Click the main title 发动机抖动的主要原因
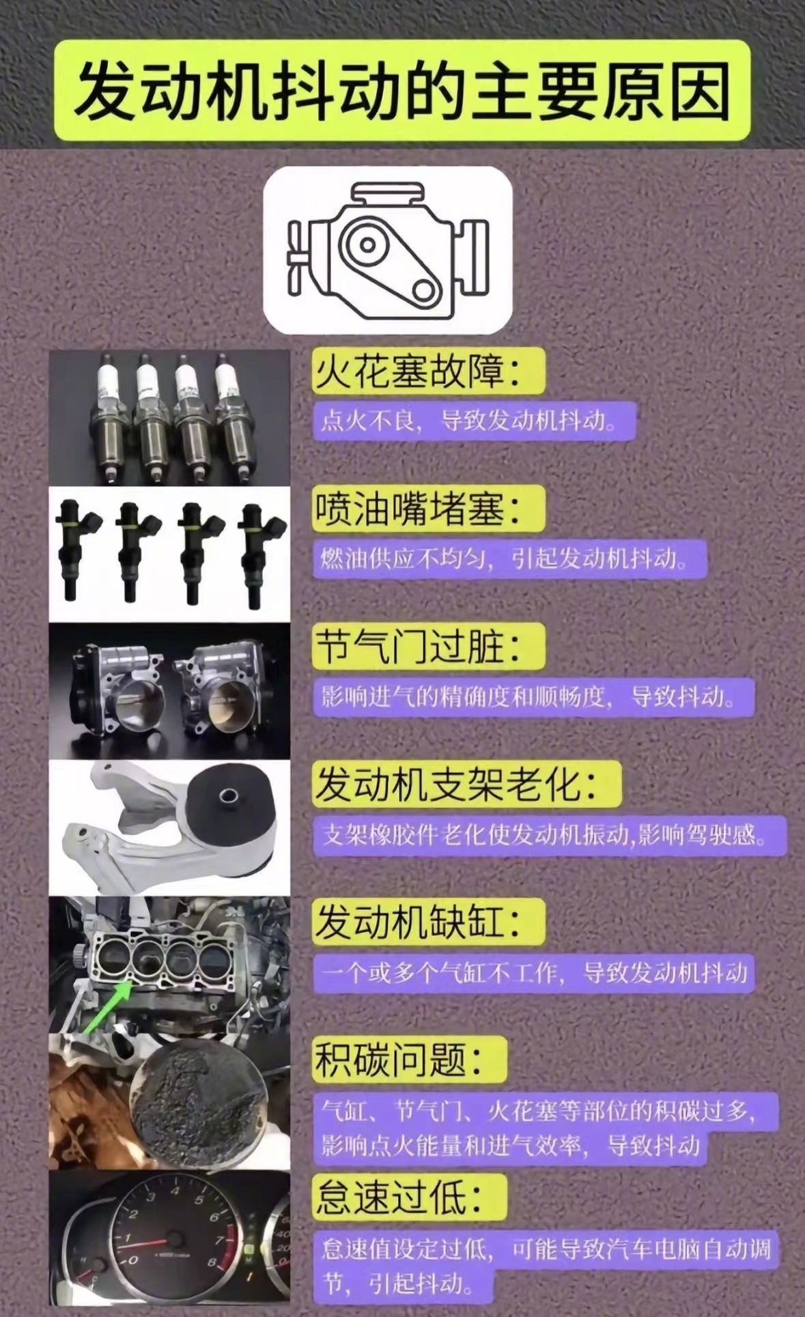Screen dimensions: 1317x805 402,91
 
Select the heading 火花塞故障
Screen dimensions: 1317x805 417,372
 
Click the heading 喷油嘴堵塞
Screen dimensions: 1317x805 417,509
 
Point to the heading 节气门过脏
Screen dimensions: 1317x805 417,646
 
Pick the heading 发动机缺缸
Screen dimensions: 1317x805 417,921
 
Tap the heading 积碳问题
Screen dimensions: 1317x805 399,1059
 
